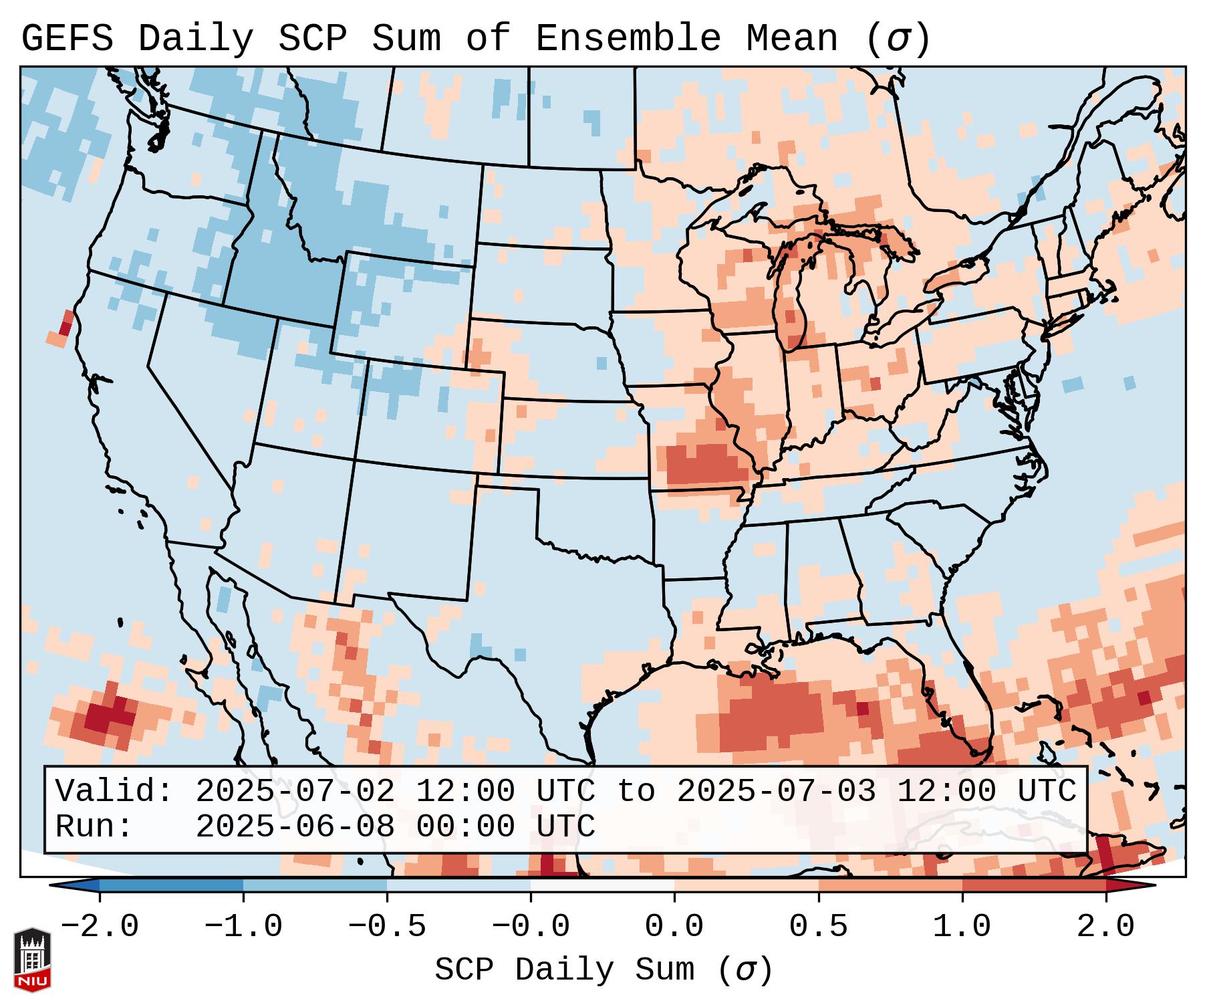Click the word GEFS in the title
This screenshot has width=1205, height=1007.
pos(67,39)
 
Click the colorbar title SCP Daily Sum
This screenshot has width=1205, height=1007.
pos(565,970)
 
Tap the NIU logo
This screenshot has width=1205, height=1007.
pos(32,960)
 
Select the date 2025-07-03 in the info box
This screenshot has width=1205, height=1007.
pos(776,792)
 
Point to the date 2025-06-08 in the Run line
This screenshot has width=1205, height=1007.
pos(295,827)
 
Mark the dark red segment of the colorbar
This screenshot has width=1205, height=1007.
pos(1034,885)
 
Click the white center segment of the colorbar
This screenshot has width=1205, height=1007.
pos(603,885)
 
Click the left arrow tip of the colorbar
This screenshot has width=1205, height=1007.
pos(53,885)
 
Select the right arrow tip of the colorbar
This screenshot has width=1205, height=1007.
pos(1152,885)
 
